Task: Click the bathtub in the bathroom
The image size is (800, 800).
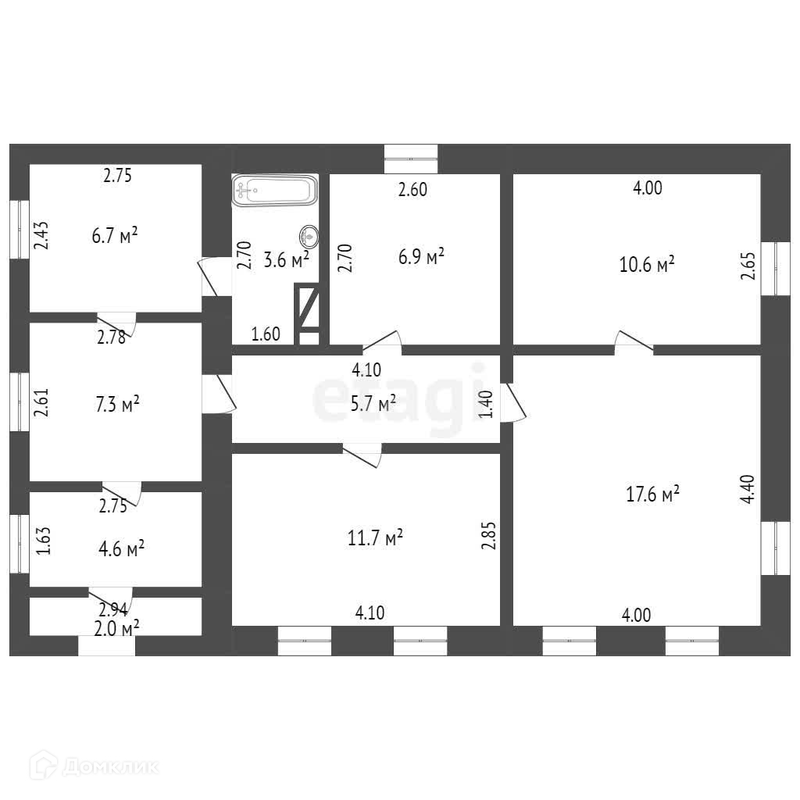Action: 274,190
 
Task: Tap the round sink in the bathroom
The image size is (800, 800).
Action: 309,234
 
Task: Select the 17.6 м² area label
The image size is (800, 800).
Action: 652,494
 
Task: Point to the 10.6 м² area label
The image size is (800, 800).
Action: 647,265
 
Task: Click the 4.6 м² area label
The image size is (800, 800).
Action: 121,548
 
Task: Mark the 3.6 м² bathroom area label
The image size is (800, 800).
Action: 286,260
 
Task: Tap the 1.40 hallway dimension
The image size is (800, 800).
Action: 486,405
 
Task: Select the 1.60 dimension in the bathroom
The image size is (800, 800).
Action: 265,334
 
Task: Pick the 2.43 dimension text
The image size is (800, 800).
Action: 42,235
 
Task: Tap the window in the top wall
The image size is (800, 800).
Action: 411,159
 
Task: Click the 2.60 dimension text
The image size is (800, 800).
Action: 412,190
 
